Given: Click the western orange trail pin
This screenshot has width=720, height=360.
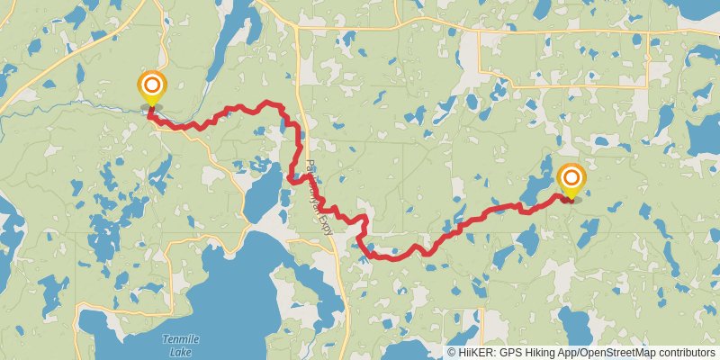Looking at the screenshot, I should [x=152, y=88].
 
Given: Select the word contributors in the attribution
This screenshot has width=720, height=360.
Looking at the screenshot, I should [x=687, y=353].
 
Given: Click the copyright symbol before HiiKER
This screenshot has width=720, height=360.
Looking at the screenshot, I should [x=452, y=353].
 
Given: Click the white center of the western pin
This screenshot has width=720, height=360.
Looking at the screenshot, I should [x=152, y=85].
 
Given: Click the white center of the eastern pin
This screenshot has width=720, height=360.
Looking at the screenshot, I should [x=571, y=177].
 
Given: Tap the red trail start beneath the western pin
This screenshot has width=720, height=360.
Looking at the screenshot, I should [x=150, y=111].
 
